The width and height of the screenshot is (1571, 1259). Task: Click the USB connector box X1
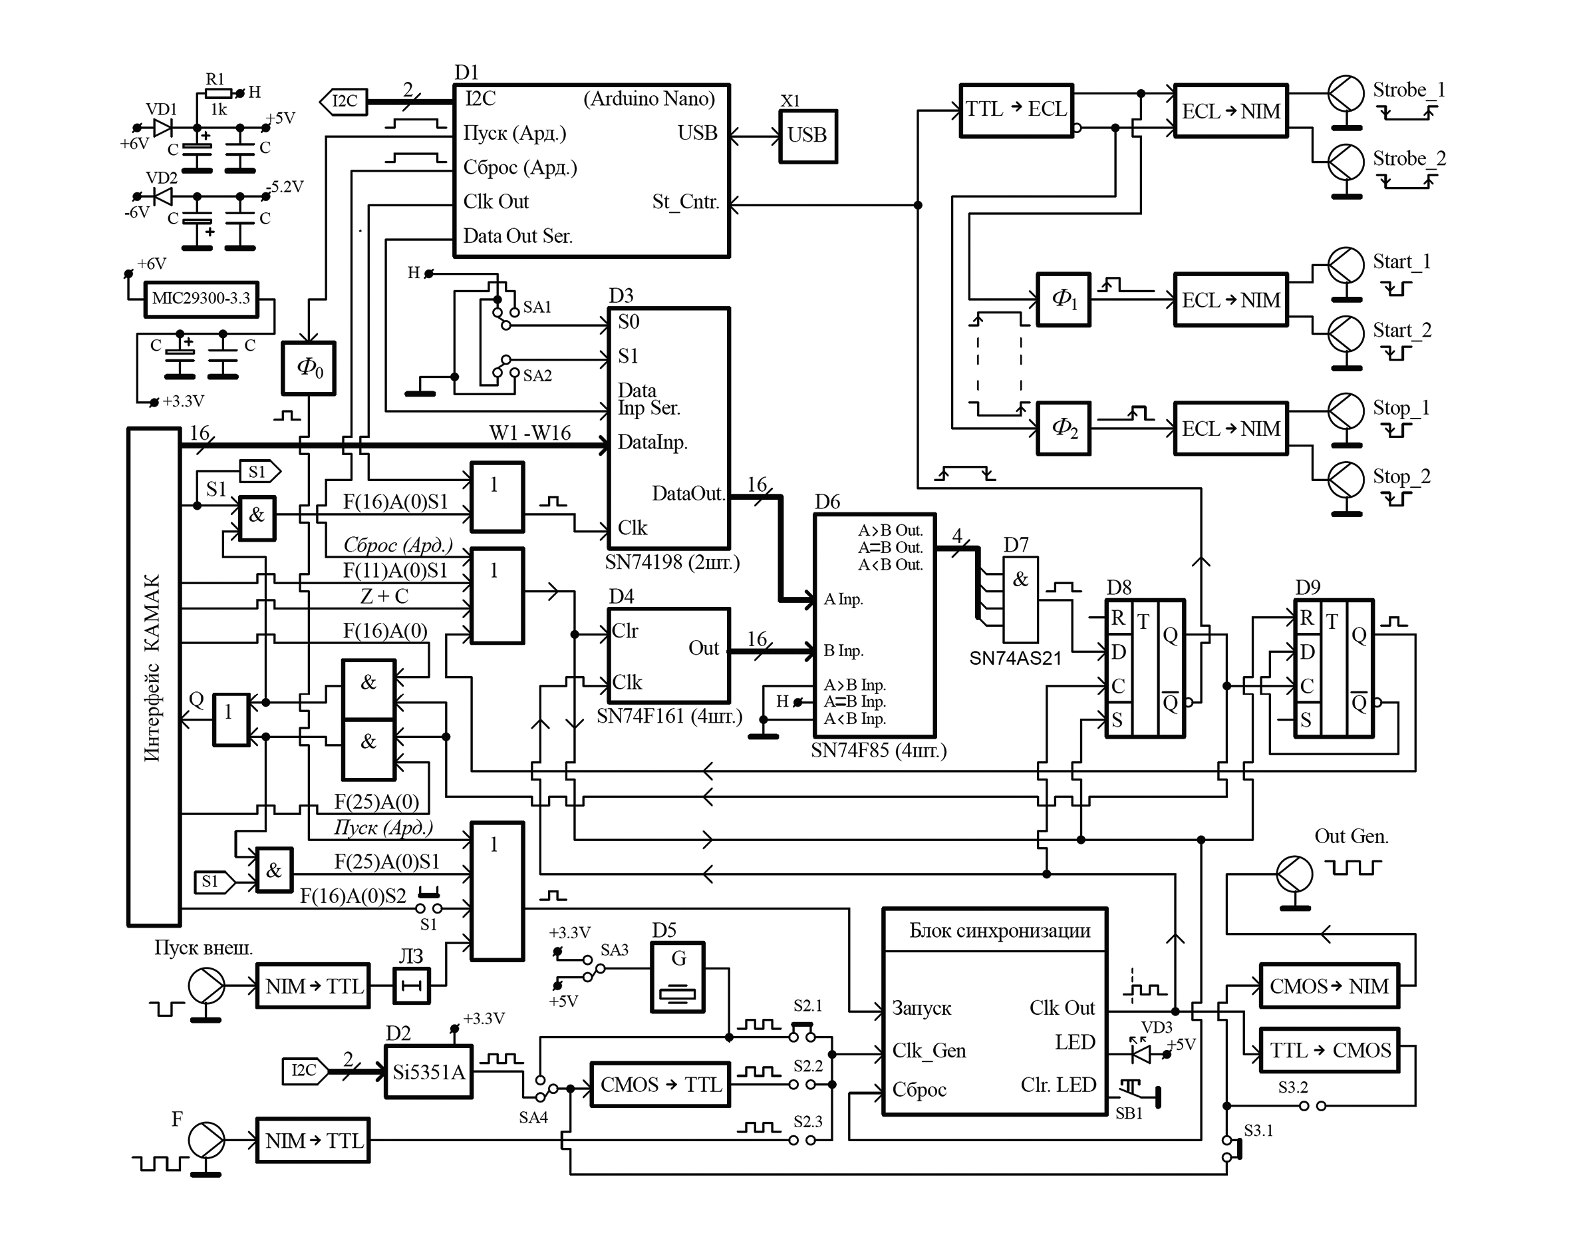807,136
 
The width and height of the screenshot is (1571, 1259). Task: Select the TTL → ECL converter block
1016,110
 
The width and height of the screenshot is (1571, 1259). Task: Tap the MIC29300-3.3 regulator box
201,299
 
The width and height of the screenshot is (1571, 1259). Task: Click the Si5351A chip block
428,1071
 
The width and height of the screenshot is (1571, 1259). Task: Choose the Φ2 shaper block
1063,429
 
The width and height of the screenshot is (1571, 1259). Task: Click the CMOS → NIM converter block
1329,986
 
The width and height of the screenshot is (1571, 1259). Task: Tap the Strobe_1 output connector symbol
1345,94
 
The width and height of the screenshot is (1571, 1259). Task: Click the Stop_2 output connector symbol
1345,480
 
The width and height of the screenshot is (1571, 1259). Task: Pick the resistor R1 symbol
217,93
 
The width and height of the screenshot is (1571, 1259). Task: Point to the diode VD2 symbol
162,197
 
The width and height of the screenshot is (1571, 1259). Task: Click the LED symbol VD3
1141,1053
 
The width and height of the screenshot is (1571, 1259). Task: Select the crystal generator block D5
678,978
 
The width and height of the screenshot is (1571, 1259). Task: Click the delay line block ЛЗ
412,986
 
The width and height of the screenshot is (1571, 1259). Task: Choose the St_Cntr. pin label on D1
685,202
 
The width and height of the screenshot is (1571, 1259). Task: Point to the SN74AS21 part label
1015,658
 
